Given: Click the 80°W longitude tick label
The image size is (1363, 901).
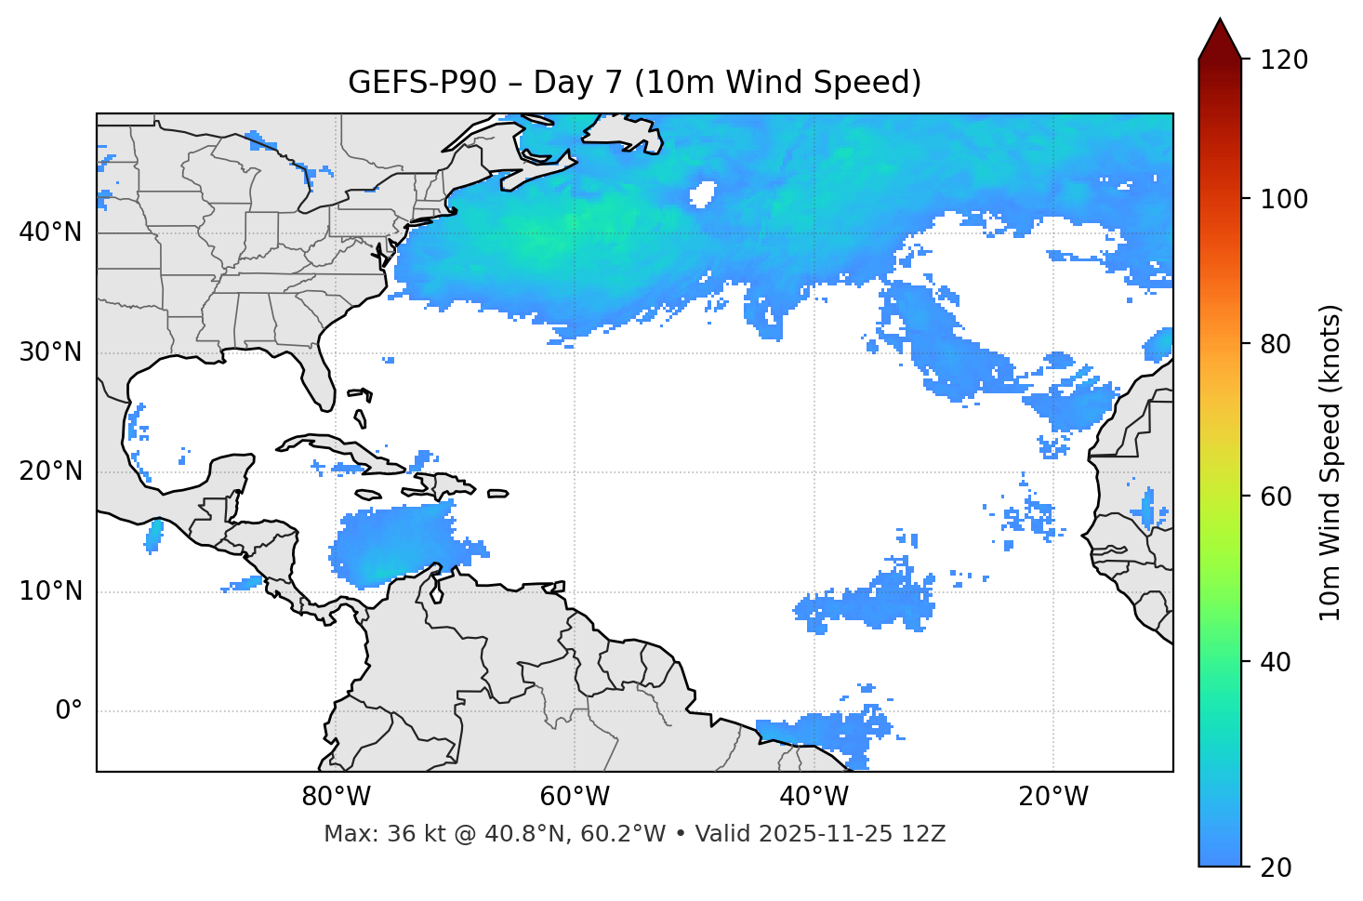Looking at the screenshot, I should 336,797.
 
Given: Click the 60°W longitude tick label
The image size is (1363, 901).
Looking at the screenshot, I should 574,797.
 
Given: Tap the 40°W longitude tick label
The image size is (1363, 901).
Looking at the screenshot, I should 814,797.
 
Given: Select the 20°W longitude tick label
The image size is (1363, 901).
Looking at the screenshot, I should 1052,797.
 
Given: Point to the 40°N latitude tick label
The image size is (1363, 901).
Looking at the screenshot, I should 50,232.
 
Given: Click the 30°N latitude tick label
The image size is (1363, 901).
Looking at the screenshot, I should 50,352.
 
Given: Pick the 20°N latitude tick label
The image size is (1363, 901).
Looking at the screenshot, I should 50,471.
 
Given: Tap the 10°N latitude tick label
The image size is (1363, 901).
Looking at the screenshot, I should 50,591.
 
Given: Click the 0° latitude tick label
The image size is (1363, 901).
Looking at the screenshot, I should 69,711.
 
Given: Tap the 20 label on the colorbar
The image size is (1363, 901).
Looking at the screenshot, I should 1276,868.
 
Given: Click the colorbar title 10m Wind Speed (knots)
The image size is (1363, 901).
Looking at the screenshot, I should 1330,463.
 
